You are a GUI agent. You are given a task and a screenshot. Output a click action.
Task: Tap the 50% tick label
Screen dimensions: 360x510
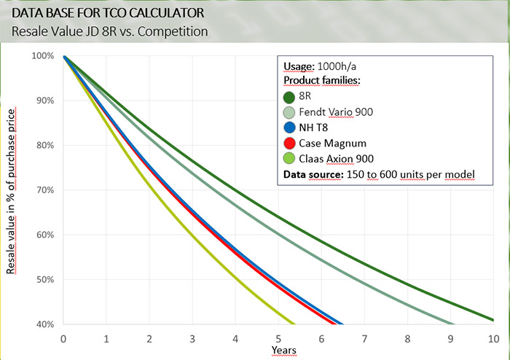pos(46,280)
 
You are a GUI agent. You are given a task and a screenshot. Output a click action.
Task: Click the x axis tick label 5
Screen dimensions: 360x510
pos(278,338)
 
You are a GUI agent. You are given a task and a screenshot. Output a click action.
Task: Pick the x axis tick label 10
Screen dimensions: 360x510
pos(492,338)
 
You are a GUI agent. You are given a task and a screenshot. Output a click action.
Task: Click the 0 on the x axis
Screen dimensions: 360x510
pos(64,338)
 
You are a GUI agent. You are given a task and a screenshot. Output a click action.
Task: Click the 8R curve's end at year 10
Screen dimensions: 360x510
pos(493,319)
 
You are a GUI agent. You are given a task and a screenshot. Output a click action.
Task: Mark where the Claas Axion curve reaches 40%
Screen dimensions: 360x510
pos(294,324)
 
